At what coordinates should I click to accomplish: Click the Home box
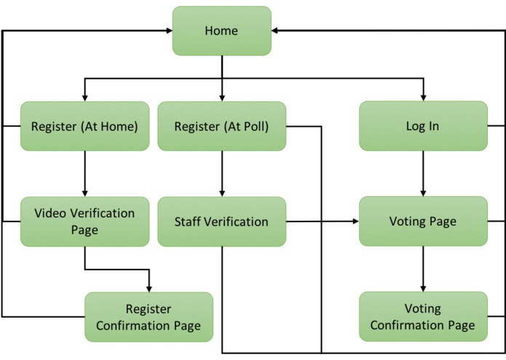[221, 31]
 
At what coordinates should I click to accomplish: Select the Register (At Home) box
[84, 126]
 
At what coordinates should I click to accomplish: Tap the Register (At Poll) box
[221, 126]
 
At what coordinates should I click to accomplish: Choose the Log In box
[423, 126]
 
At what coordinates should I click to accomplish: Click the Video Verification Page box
[84, 221]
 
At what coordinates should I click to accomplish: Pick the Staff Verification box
[221, 222]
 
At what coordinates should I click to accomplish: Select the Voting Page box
[423, 221]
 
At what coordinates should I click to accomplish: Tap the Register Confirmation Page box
[149, 317]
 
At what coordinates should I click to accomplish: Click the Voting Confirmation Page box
[423, 317]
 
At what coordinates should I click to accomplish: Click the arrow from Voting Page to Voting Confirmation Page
[423, 269]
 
